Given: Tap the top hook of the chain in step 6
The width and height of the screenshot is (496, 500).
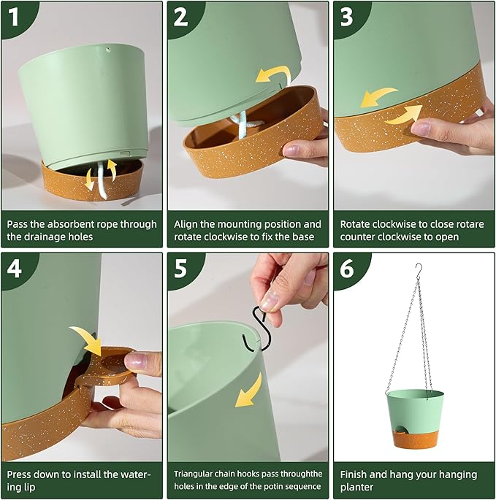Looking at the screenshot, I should pyautogui.click(x=419, y=269).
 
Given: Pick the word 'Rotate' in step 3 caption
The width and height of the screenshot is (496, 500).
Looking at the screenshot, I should pyautogui.click(x=356, y=224).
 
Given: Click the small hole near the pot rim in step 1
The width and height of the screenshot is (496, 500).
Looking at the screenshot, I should pyautogui.click(x=108, y=50).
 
